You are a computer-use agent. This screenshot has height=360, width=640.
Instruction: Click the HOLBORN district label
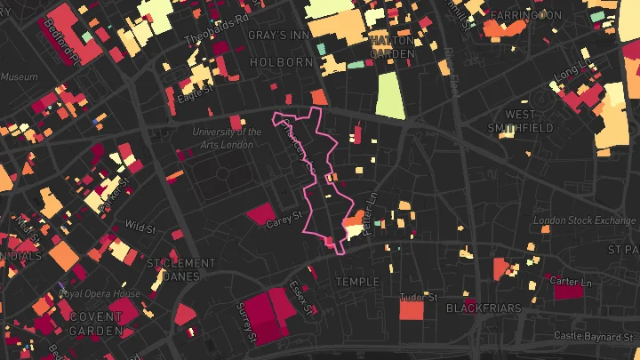(x=282, y=62)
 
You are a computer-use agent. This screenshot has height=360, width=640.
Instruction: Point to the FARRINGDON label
(x=526, y=16)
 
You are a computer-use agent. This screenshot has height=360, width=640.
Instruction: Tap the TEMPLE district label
(x=357, y=282)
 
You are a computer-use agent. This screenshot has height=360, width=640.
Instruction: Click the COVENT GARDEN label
(x=96, y=324)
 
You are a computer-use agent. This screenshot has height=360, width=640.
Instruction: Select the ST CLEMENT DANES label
(x=180, y=269)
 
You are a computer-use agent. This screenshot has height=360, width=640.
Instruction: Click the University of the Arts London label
(x=228, y=139)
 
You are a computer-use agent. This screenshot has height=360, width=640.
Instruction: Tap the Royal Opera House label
(x=100, y=294)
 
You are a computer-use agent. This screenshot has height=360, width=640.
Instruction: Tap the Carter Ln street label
(x=570, y=282)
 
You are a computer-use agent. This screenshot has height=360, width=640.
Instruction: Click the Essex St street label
(x=301, y=299)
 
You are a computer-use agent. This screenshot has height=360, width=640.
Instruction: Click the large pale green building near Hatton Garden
(x=389, y=95)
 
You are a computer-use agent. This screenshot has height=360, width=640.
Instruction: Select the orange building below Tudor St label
(x=411, y=311)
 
